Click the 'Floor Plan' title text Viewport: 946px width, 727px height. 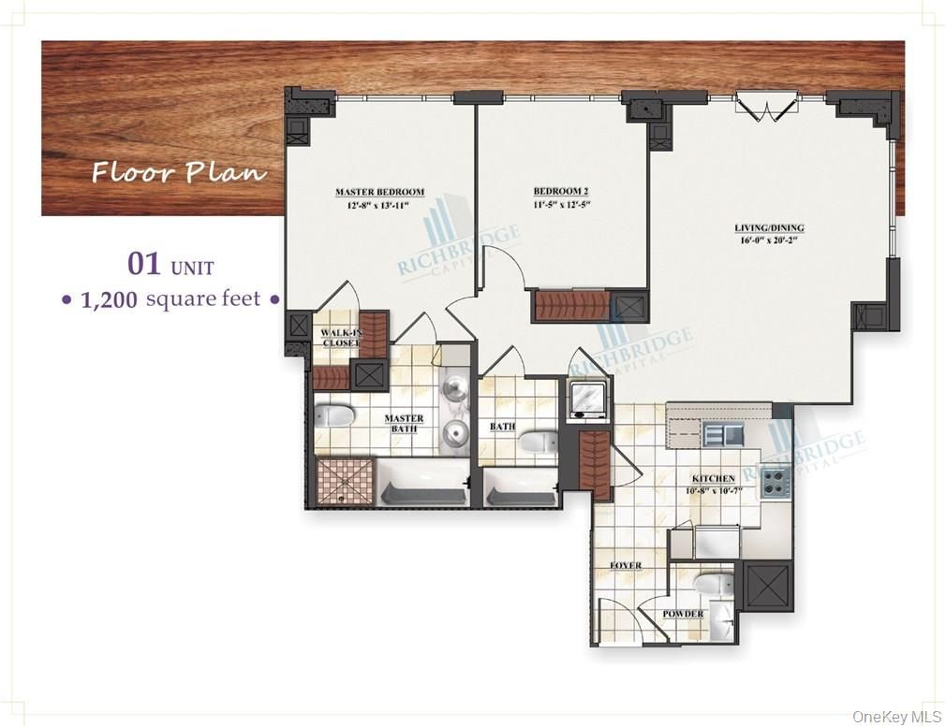tap(178, 173)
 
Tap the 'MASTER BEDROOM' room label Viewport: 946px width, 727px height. tap(379, 192)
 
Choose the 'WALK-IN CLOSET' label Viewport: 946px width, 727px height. tap(340, 338)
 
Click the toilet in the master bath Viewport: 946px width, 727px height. tap(333, 414)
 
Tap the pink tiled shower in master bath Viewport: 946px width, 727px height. tap(345, 482)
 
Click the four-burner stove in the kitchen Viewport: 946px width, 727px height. tap(776, 481)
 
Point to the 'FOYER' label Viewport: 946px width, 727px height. tap(626, 566)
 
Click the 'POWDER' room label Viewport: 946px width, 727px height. tap(683, 615)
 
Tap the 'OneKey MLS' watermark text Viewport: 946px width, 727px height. tap(895, 716)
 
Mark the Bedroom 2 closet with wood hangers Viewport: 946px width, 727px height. tap(570, 306)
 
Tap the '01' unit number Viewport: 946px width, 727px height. tap(145, 265)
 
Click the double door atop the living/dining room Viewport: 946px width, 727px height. tap(766, 105)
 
